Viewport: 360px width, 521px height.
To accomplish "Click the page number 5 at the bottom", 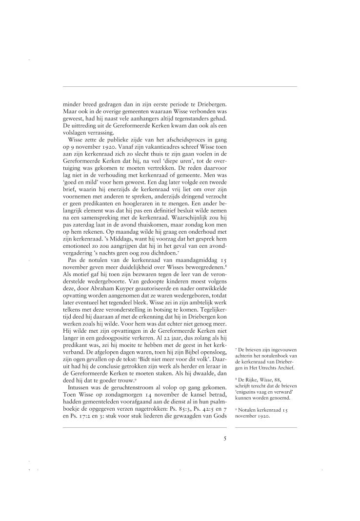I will pyautogui.click(x=225, y=439).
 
